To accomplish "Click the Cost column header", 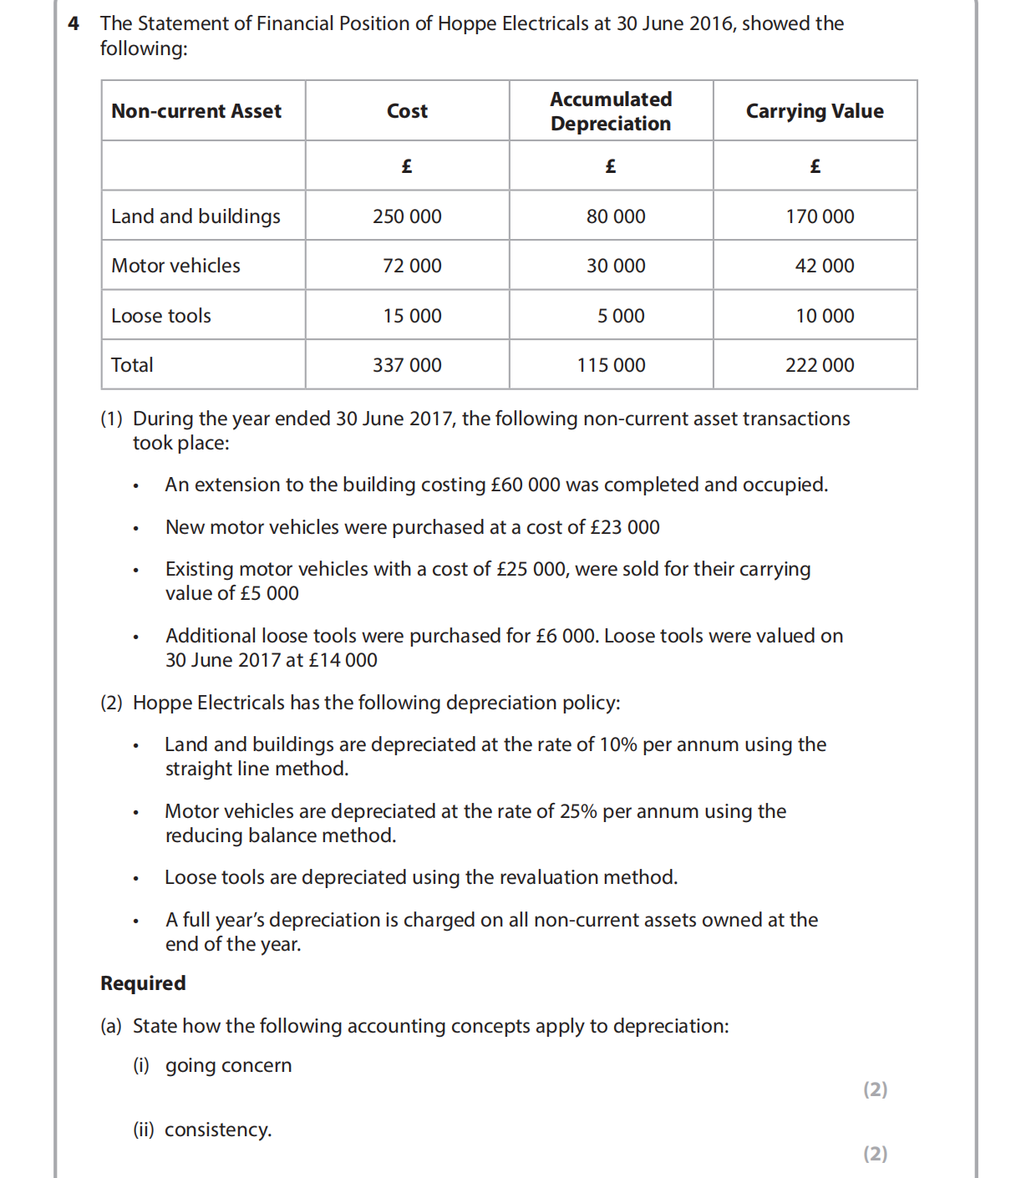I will [x=407, y=111].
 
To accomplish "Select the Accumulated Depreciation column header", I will [x=611, y=111].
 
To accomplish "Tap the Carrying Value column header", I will [x=815, y=111].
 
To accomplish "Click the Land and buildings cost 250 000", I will [x=407, y=216].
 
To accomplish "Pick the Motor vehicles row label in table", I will [x=175, y=266].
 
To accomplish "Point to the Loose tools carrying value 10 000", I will [x=825, y=316].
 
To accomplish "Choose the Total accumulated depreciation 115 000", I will [x=611, y=365].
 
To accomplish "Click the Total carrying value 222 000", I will [x=820, y=365].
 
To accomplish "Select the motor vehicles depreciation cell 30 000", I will [x=616, y=266].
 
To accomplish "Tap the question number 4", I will [x=74, y=23].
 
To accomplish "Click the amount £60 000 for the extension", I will [x=526, y=485].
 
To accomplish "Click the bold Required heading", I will [x=143, y=983].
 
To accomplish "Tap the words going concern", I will [x=228, y=1065].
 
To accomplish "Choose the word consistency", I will [x=217, y=1130].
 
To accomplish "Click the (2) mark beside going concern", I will [x=875, y=1089].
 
